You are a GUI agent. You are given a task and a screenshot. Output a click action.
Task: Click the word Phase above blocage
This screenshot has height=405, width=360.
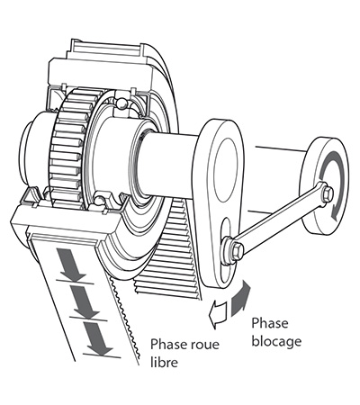[x=270, y=323]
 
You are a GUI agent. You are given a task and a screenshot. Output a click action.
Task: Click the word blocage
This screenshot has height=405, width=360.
[x=276, y=342]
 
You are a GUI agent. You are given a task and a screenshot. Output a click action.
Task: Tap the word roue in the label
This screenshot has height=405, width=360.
[x=203, y=344]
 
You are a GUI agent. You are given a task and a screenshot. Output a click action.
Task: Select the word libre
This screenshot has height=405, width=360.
[x=164, y=362]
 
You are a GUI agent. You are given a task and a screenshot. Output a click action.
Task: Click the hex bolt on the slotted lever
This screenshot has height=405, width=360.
[x=237, y=250]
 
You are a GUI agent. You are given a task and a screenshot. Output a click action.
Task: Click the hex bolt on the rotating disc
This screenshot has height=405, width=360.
[x=328, y=194]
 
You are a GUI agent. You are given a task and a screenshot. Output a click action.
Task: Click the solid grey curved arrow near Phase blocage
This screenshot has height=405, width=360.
[x=240, y=298]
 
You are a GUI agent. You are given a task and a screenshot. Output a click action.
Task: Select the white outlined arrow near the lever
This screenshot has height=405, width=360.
[x=218, y=315]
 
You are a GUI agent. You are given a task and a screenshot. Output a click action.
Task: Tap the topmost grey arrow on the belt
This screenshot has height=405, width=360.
[x=72, y=264]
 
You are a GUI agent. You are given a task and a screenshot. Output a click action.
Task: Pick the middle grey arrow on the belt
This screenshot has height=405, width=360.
[x=85, y=301]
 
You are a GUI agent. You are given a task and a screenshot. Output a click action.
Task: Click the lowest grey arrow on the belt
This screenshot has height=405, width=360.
[x=98, y=339]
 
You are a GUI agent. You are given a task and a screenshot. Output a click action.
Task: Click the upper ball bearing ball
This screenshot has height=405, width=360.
[x=121, y=103]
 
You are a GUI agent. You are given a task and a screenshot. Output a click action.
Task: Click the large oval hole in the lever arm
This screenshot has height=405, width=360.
[x=227, y=170]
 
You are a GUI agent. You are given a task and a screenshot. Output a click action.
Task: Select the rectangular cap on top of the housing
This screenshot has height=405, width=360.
[x=105, y=49]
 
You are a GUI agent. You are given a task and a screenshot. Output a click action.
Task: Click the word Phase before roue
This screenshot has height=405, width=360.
[x=168, y=344]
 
